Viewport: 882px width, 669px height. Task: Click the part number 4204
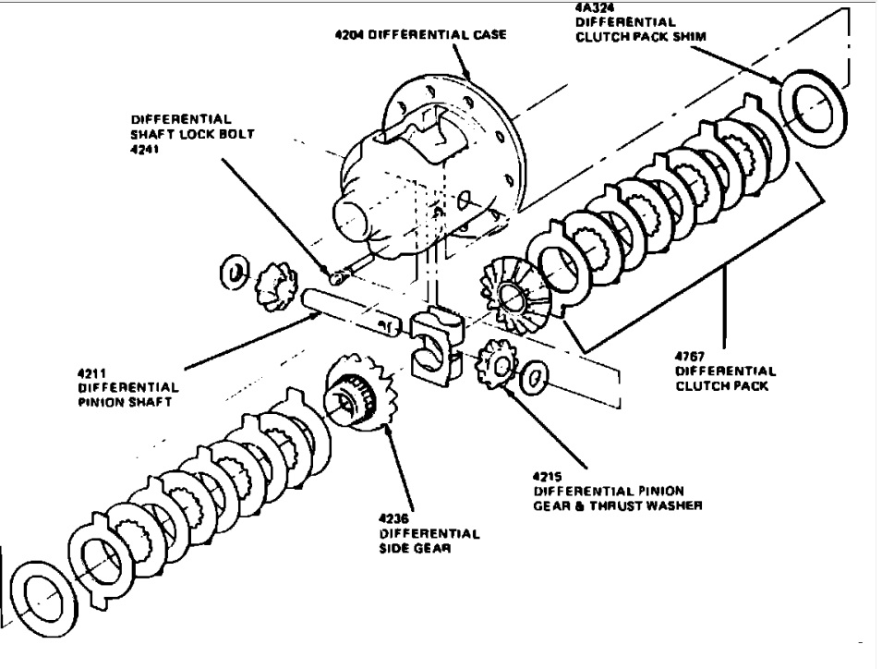[349, 35]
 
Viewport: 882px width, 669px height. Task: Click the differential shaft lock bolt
[341, 274]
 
